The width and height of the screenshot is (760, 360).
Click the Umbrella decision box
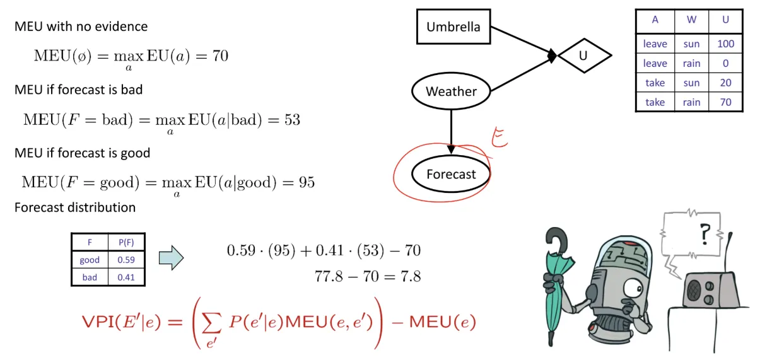coord(453,27)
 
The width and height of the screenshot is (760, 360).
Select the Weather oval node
coord(451,91)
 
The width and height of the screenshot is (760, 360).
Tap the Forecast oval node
coord(451,174)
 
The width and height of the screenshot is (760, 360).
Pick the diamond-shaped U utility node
coord(585,55)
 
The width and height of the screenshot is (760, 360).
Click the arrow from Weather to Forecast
coord(451,132)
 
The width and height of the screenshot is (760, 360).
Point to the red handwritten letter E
coord(500,137)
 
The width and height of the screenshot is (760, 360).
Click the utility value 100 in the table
coord(725,44)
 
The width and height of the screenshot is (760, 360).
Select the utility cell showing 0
coord(725,63)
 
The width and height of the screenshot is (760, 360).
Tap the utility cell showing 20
coord(725,83)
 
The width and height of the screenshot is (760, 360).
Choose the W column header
coord(691,20)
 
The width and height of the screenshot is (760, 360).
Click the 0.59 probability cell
coord(126,260)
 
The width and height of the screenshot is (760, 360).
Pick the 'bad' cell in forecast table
coord(90,277)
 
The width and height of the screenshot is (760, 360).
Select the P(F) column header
coord(126,242)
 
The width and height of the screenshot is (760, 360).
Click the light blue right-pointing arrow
coord(172,258)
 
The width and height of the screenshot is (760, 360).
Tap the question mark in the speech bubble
coord(704,234)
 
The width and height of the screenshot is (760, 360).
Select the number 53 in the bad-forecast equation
coord(292,119)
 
